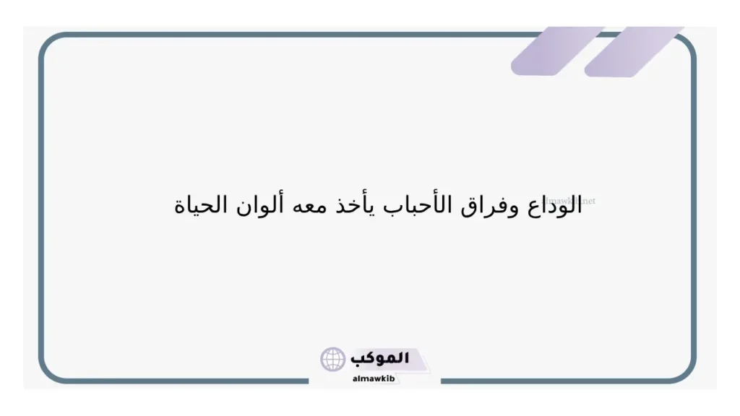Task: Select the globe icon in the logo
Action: coord(333,359)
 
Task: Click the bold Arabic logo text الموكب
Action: coord(381,358)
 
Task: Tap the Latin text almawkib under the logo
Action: coord(374,377)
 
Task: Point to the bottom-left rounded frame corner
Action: coord(49,371)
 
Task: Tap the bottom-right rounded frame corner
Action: coord(686,371)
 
